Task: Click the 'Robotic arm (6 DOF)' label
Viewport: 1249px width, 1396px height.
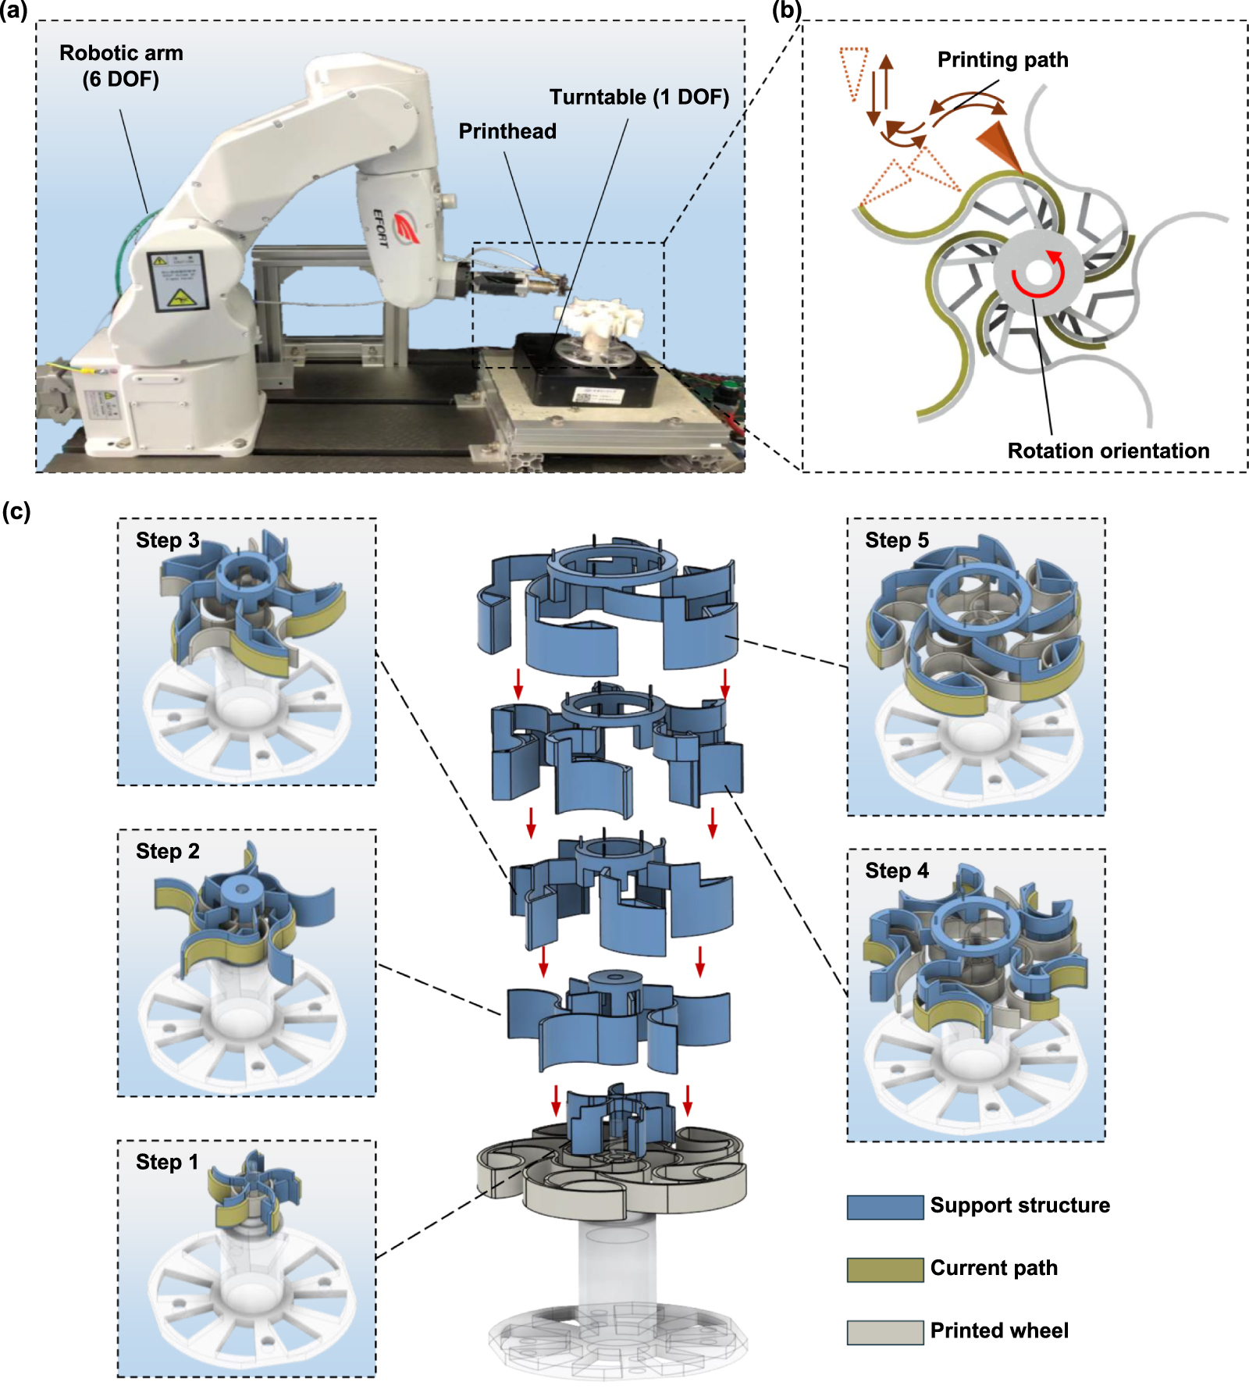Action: coord(121,66)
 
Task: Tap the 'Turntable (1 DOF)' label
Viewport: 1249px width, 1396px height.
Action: coord(639,97)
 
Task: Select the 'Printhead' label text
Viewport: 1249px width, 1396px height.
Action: coord(507,131)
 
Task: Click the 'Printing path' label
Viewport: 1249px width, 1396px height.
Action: coord(1002,59)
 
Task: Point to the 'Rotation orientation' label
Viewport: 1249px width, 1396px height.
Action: coord(1108,450)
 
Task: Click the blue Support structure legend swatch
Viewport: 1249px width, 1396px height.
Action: coord(884,1206)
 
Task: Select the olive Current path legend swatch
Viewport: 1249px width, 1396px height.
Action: coord(884,1269)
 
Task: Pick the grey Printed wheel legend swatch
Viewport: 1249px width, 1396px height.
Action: coord(884,1331)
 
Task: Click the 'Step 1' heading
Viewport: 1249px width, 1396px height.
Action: coord(167,1162)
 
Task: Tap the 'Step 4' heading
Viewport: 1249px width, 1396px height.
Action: coord(897,871)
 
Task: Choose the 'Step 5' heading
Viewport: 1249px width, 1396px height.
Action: coord(897,540)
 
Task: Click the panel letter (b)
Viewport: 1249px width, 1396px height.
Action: coord(785,11)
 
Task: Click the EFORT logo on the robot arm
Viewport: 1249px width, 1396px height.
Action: coord(404,226)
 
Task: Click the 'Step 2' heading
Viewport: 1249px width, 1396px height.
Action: coord(167,851)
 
